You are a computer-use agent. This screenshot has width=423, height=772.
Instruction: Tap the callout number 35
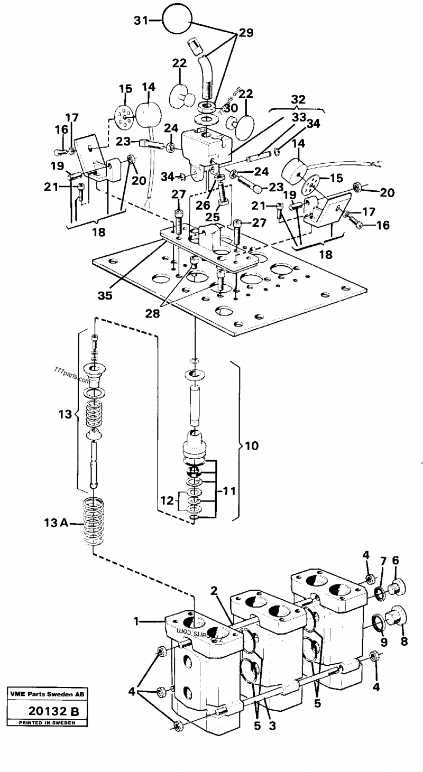tap(106, 296)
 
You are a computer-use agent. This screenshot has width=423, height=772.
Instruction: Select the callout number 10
tap(252, 445)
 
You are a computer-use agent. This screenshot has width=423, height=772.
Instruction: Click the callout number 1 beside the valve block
tap(137, 622)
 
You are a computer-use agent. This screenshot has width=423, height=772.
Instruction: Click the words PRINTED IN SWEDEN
tap(48, 722)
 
